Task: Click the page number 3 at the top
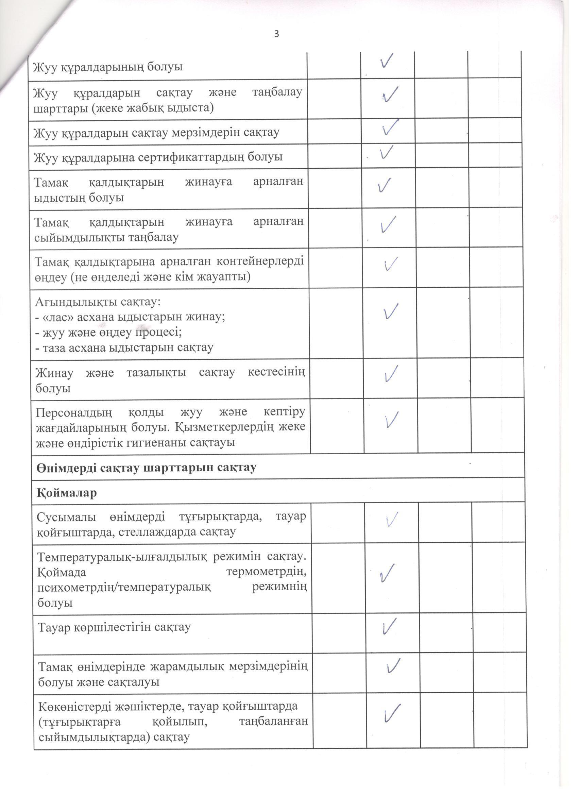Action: coord(276,34)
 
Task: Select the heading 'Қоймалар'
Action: coord(67,493)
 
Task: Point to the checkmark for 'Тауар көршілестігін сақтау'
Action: coord(389,626)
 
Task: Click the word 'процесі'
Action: coord(158,332)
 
